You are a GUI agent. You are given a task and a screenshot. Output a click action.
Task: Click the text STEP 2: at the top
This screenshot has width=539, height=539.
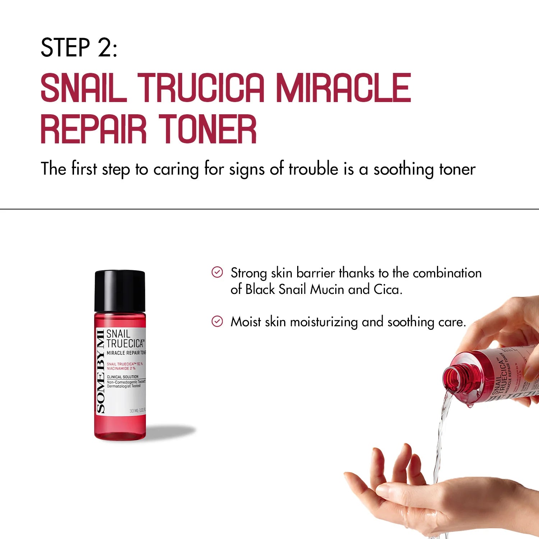click(x=79, y=47)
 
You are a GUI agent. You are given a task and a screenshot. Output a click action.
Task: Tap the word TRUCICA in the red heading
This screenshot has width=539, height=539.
click(x=201, y=88)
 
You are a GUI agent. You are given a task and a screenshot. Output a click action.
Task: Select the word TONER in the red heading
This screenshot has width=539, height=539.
click(x=207, y=129)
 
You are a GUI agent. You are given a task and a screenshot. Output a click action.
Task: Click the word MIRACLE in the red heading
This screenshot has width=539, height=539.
click(x=343, y=88)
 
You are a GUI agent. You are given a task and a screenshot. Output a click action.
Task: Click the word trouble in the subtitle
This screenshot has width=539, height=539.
click(x=313, y=169)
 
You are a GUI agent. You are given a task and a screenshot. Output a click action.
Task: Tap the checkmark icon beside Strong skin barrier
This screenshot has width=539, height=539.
click(x=217, y=272)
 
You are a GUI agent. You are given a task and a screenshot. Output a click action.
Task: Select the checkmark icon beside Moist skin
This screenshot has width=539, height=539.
click(x=217, y=321)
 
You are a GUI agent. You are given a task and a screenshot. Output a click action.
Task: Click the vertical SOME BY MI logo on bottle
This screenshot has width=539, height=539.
click(x=101, y=371)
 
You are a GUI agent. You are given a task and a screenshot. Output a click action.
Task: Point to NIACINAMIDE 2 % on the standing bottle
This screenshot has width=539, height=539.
click(x=121, y=368)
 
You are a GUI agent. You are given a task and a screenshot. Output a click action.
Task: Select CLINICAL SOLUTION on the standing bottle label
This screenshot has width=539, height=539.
click(x=123, y=377)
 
